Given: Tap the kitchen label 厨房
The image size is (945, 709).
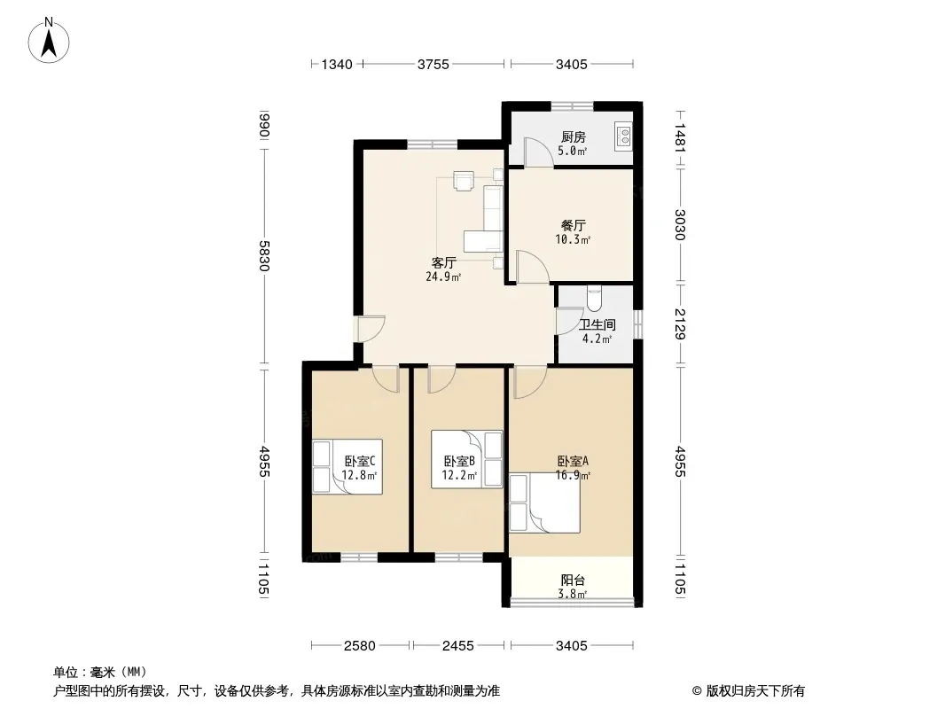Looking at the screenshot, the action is tap(573, 137).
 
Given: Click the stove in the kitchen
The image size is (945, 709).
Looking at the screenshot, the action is tap(623, 136).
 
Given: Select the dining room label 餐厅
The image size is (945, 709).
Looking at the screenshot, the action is tap(573, 225).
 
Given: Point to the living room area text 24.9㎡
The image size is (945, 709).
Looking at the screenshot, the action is tap(443, 277).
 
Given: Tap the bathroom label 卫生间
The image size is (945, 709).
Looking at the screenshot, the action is tap(597, 324).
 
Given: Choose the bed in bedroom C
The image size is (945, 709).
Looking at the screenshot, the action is tap(348, 467).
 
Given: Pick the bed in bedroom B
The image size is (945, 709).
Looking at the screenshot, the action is tap(466, 459).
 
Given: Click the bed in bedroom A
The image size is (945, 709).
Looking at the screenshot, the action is tap(545, 503).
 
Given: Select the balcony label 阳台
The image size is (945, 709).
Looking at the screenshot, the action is tap(573, 580).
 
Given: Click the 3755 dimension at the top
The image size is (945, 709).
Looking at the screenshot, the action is tap(433, 64).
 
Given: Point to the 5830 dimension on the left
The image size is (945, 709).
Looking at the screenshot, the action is tap(264, 255).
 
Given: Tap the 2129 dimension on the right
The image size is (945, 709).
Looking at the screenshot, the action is tap(680, 324).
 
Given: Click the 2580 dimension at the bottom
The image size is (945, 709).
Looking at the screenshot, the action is tap(360, 646).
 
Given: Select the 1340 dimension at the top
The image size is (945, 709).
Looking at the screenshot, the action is tap(336, 64).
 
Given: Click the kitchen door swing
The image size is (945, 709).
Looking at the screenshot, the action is tap(537, 152).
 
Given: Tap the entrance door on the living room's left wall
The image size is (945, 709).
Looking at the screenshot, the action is tap(370, 329).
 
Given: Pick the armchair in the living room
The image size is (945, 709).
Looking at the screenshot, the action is tap(464, 181).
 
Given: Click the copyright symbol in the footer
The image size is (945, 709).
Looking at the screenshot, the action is tap(697, 691).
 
